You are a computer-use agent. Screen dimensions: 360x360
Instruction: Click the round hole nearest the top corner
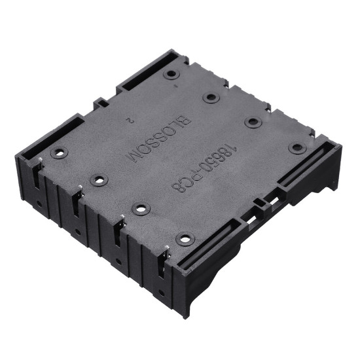pyautogui.click(x=171, y=75)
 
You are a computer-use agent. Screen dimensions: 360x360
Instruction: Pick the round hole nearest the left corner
pyautogui.click(x=59, y=153)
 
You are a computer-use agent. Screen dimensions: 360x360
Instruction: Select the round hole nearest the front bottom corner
pyautogui.click(x=185, y=239)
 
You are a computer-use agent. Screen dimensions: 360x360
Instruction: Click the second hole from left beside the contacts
pyautogui.click(x=99, y=180)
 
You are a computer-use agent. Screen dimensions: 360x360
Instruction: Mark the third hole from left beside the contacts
pyautogui.click(x=141, y=209)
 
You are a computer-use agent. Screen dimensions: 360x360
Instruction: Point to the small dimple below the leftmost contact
pyautogui.click(x=41, y=204)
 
